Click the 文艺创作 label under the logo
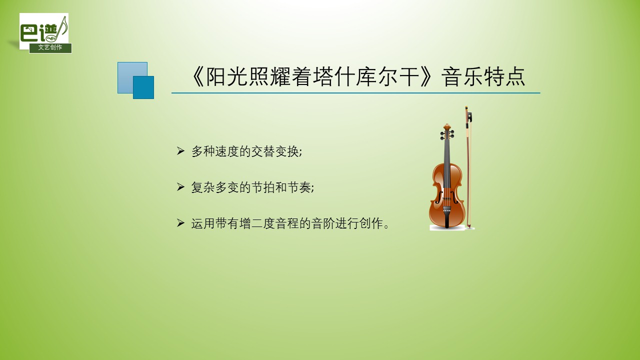coord(50,47)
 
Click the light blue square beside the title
coord(132,77)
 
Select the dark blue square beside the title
coord(143,87)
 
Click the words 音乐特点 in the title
coord(483,77)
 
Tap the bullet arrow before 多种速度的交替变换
coord(180,151)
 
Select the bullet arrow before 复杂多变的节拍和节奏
coord(180,187)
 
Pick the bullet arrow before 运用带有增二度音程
coord(180,223)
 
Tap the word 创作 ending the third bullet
coord(371,223)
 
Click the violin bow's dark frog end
coord(469,117)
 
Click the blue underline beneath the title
coord(355,93)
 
